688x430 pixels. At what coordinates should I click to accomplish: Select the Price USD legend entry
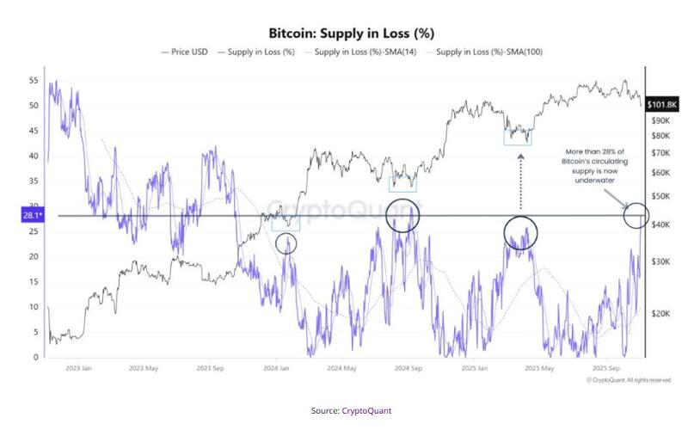(x=184, y=53)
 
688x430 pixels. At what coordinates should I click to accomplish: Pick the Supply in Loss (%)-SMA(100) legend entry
(x=488, y=53)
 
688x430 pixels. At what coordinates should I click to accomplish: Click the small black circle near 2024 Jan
(x=287, y=243)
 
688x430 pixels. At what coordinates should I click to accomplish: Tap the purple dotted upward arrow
(x=520, y=176)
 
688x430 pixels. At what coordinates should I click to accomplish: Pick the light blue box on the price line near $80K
(x=518, y=136)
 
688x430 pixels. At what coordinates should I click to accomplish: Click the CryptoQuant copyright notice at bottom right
(x=628, y=379)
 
